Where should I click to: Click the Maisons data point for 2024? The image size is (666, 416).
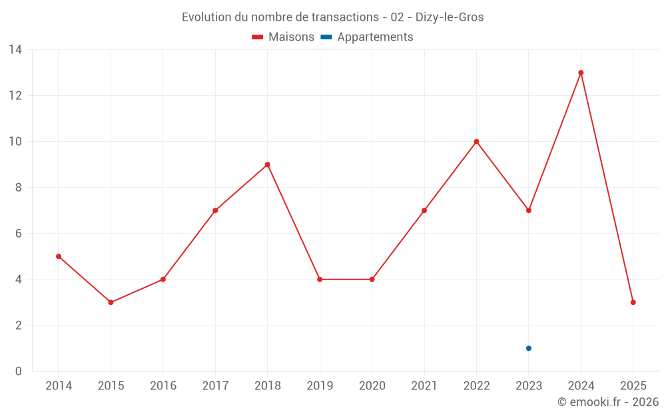tap(581, 73)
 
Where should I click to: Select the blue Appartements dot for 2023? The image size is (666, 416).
tap(529, 348)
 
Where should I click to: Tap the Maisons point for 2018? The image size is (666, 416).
tap(267, 164)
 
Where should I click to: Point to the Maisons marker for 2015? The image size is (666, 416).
tap(111, 302)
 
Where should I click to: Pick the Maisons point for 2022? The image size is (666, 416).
tap(476, 142)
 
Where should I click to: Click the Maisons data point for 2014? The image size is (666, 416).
tap(59, 256)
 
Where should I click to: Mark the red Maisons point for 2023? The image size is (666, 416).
tap(529, 210)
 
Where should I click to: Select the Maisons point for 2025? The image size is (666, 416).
tap(633, 302)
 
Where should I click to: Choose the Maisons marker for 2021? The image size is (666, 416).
tap(424, 210)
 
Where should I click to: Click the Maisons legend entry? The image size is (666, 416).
tap(283, 37)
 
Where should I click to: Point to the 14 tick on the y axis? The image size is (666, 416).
tap(15, 50)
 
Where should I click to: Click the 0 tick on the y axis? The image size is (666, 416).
tap(19, 371)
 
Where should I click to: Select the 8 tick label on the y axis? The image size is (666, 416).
tap(19, 188)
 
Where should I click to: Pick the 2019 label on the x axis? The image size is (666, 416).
tap(320, 386)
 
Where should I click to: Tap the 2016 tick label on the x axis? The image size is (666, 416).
tap(163, 386)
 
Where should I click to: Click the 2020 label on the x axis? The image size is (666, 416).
tap(372, 386)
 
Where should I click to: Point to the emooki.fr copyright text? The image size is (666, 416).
tap(608, 402)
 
